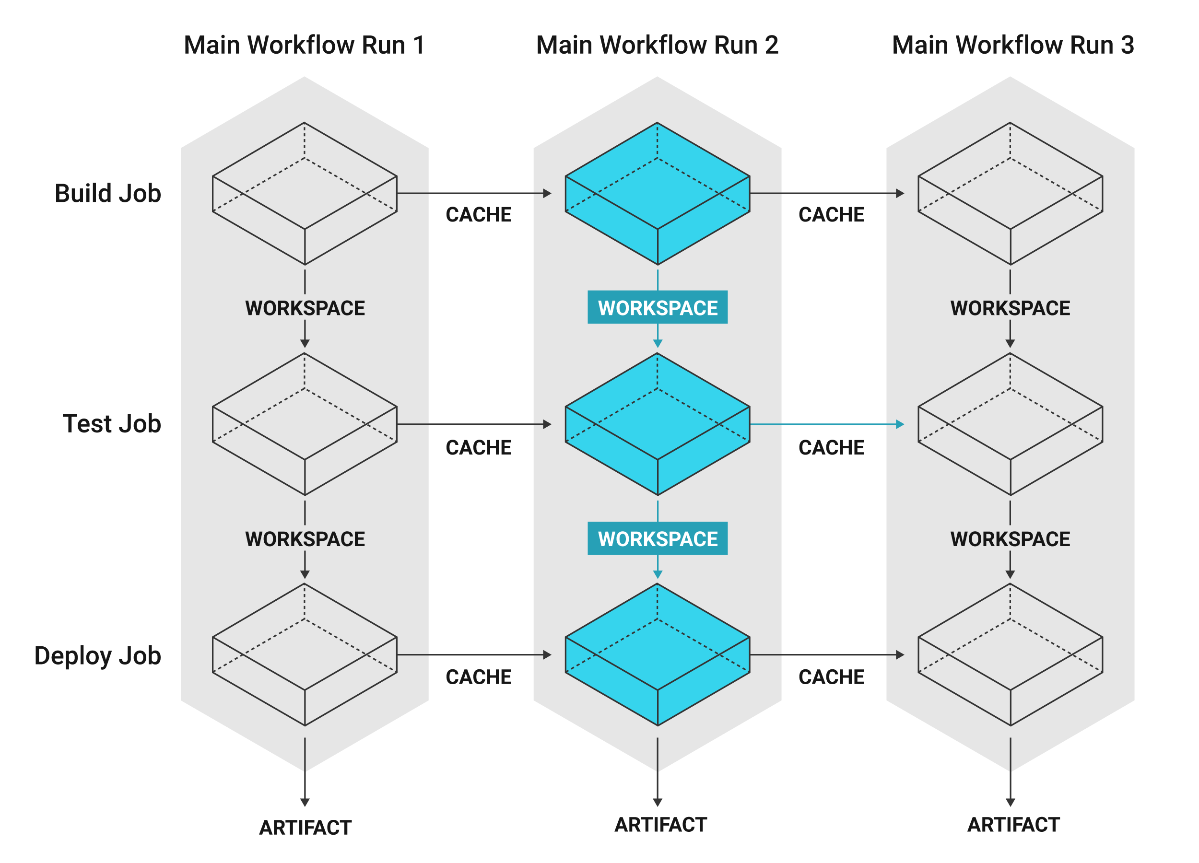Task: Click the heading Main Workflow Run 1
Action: pos(304,45)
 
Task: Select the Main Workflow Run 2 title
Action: pos(657,45)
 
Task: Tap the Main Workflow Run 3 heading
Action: pos(1013,45)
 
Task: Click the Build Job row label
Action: pos(108,193)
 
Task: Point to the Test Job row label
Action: pos(112,424)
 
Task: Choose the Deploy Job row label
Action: pos(98,656)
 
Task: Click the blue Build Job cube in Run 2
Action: pos(658,193)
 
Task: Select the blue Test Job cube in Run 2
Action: pos(658,424)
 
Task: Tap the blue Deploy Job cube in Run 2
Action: pos(658,655)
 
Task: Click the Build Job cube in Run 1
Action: pos(305,193)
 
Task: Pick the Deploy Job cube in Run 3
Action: pos(1010,655)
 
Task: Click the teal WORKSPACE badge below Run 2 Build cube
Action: pos(658,307)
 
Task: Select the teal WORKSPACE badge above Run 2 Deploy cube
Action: pos(658,538)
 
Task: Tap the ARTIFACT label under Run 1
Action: pos(305,828)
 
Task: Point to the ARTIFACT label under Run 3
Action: pos(1013,825)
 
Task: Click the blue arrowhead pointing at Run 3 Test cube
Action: pos(900,424)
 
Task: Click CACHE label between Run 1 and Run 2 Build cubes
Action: pos(479,215)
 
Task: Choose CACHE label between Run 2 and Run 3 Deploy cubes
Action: pos(832,677)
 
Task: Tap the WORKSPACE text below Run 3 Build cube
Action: pos(1010,308)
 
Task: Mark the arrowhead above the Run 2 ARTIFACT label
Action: pos(658,802)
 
